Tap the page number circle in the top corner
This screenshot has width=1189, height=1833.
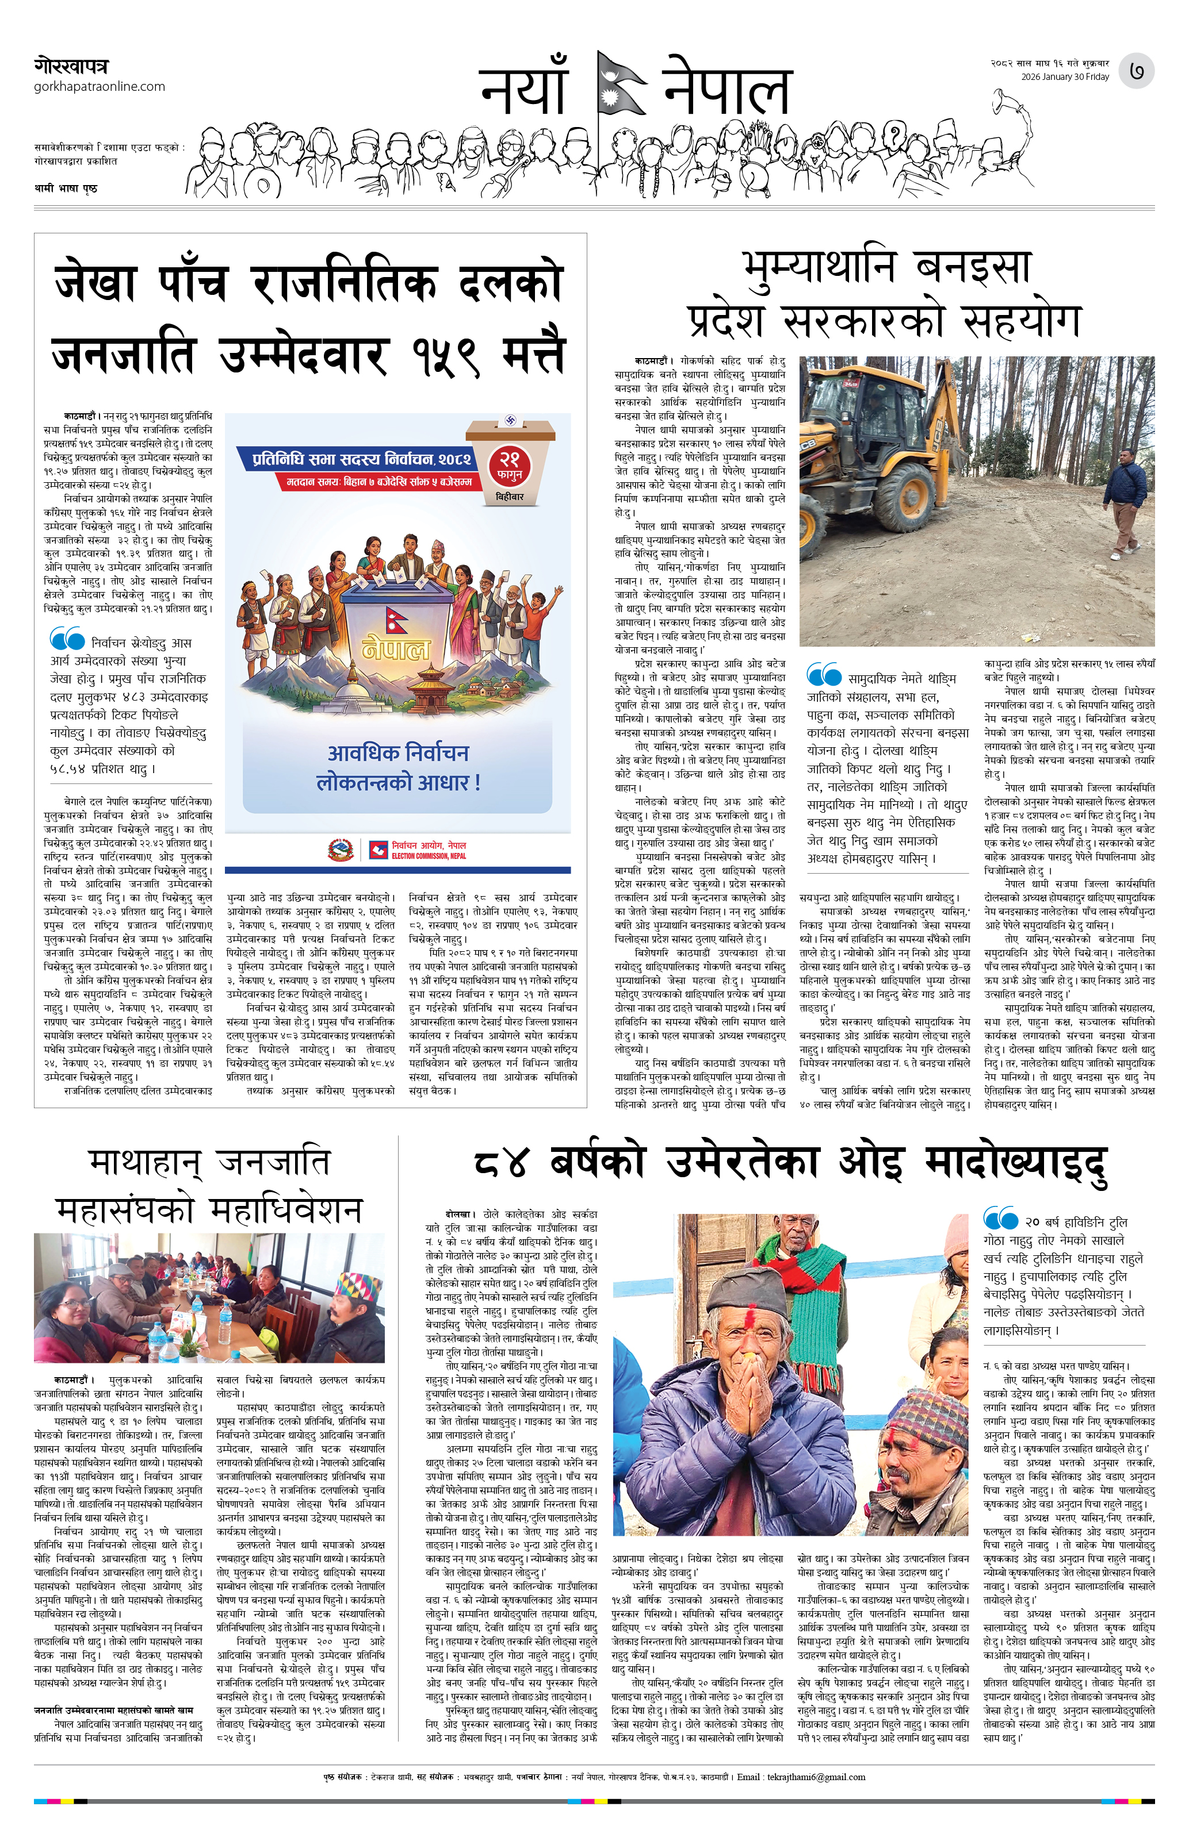[1136, 71]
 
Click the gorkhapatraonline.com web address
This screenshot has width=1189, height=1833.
[100, 86]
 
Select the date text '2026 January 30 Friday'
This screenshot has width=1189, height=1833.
[1065, 77]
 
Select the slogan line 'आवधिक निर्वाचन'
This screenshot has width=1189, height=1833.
[397, 752]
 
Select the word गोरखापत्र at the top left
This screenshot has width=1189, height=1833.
[71, 66]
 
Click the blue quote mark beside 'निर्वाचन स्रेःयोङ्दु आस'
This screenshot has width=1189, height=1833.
[67, 639]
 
